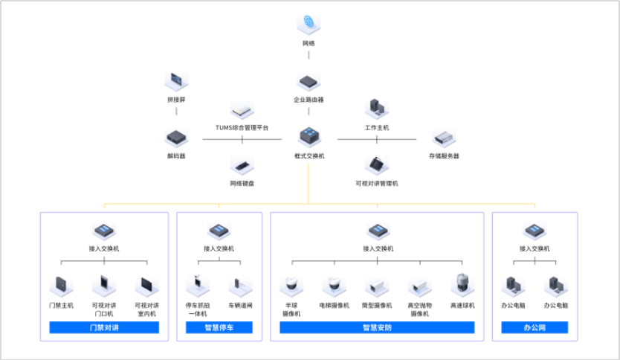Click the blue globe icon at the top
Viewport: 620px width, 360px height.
[x=308, y=22]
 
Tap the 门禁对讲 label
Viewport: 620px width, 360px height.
[x=104, y=327]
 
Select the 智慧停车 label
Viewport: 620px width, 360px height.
[x=219, y=327]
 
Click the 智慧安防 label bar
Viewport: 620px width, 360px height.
[x=376, y=327]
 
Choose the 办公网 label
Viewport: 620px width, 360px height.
[x=534, y=327]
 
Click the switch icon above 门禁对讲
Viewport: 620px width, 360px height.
[x=104, y=228]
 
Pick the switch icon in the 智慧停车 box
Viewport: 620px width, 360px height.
[x=219, y=228]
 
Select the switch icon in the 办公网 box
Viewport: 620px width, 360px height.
[x=535, y=228]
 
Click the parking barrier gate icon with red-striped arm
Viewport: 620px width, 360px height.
[x=240, y=284]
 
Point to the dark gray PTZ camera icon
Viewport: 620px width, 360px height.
[x=462, y=283]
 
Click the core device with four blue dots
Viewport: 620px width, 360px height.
[x=309, y=135]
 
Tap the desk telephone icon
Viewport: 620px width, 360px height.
[x=377, y=162]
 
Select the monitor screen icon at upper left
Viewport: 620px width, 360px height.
[x=176, y=78]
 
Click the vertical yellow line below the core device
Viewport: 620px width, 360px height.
[x=309, y=183]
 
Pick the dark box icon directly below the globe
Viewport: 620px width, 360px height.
[x=308, y=78]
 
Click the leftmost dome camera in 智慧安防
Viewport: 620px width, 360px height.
[x=291, y=284]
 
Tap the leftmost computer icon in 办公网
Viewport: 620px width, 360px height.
[x=512, y=284]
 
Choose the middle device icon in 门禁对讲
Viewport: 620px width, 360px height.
[x=104, y=284]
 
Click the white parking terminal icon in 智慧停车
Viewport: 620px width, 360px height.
[x=197, y=284]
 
